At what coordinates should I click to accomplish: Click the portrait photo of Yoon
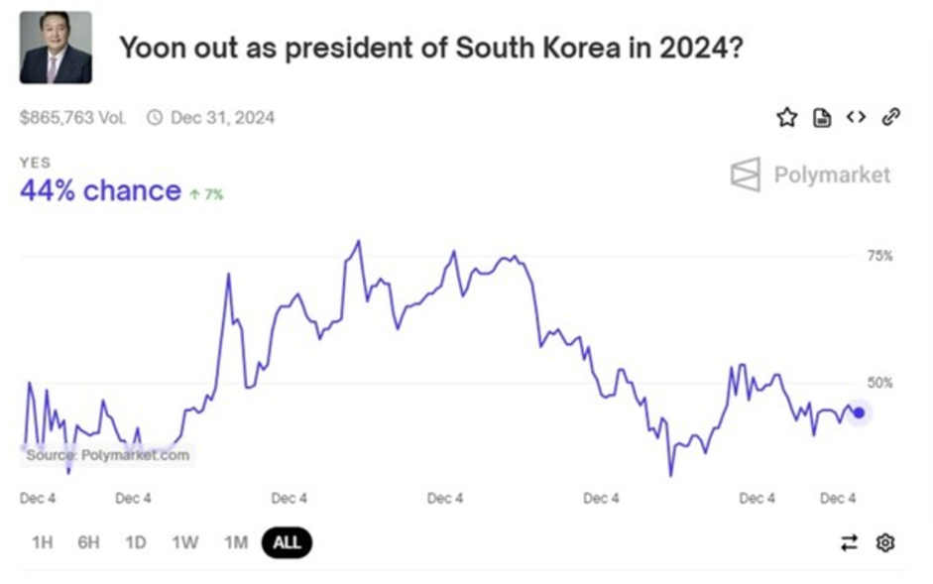[56, 48]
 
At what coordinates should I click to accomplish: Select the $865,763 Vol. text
[73, 117]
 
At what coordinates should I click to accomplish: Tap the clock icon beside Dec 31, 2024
[155, 117]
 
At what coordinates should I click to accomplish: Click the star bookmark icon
[786, 118]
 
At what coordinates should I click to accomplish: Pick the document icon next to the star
[822, 118]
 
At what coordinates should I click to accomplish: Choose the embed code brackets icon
[856, 117]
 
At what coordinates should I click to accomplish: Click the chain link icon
[890, 117]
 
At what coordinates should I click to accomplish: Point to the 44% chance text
[100, 190]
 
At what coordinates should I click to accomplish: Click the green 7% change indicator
[208, 194]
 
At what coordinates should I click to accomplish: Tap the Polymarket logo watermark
[810, 175]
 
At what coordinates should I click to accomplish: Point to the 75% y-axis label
[880, 256]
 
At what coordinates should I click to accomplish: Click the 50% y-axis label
[880, 383]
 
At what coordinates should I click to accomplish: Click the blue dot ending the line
[859, 412]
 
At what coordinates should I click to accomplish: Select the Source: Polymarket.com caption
[107, 455]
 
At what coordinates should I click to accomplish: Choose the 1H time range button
[42, 542]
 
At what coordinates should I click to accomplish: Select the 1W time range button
[184, 542]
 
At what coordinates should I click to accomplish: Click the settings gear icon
[885, 542]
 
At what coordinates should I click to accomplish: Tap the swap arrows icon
[849, 542]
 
